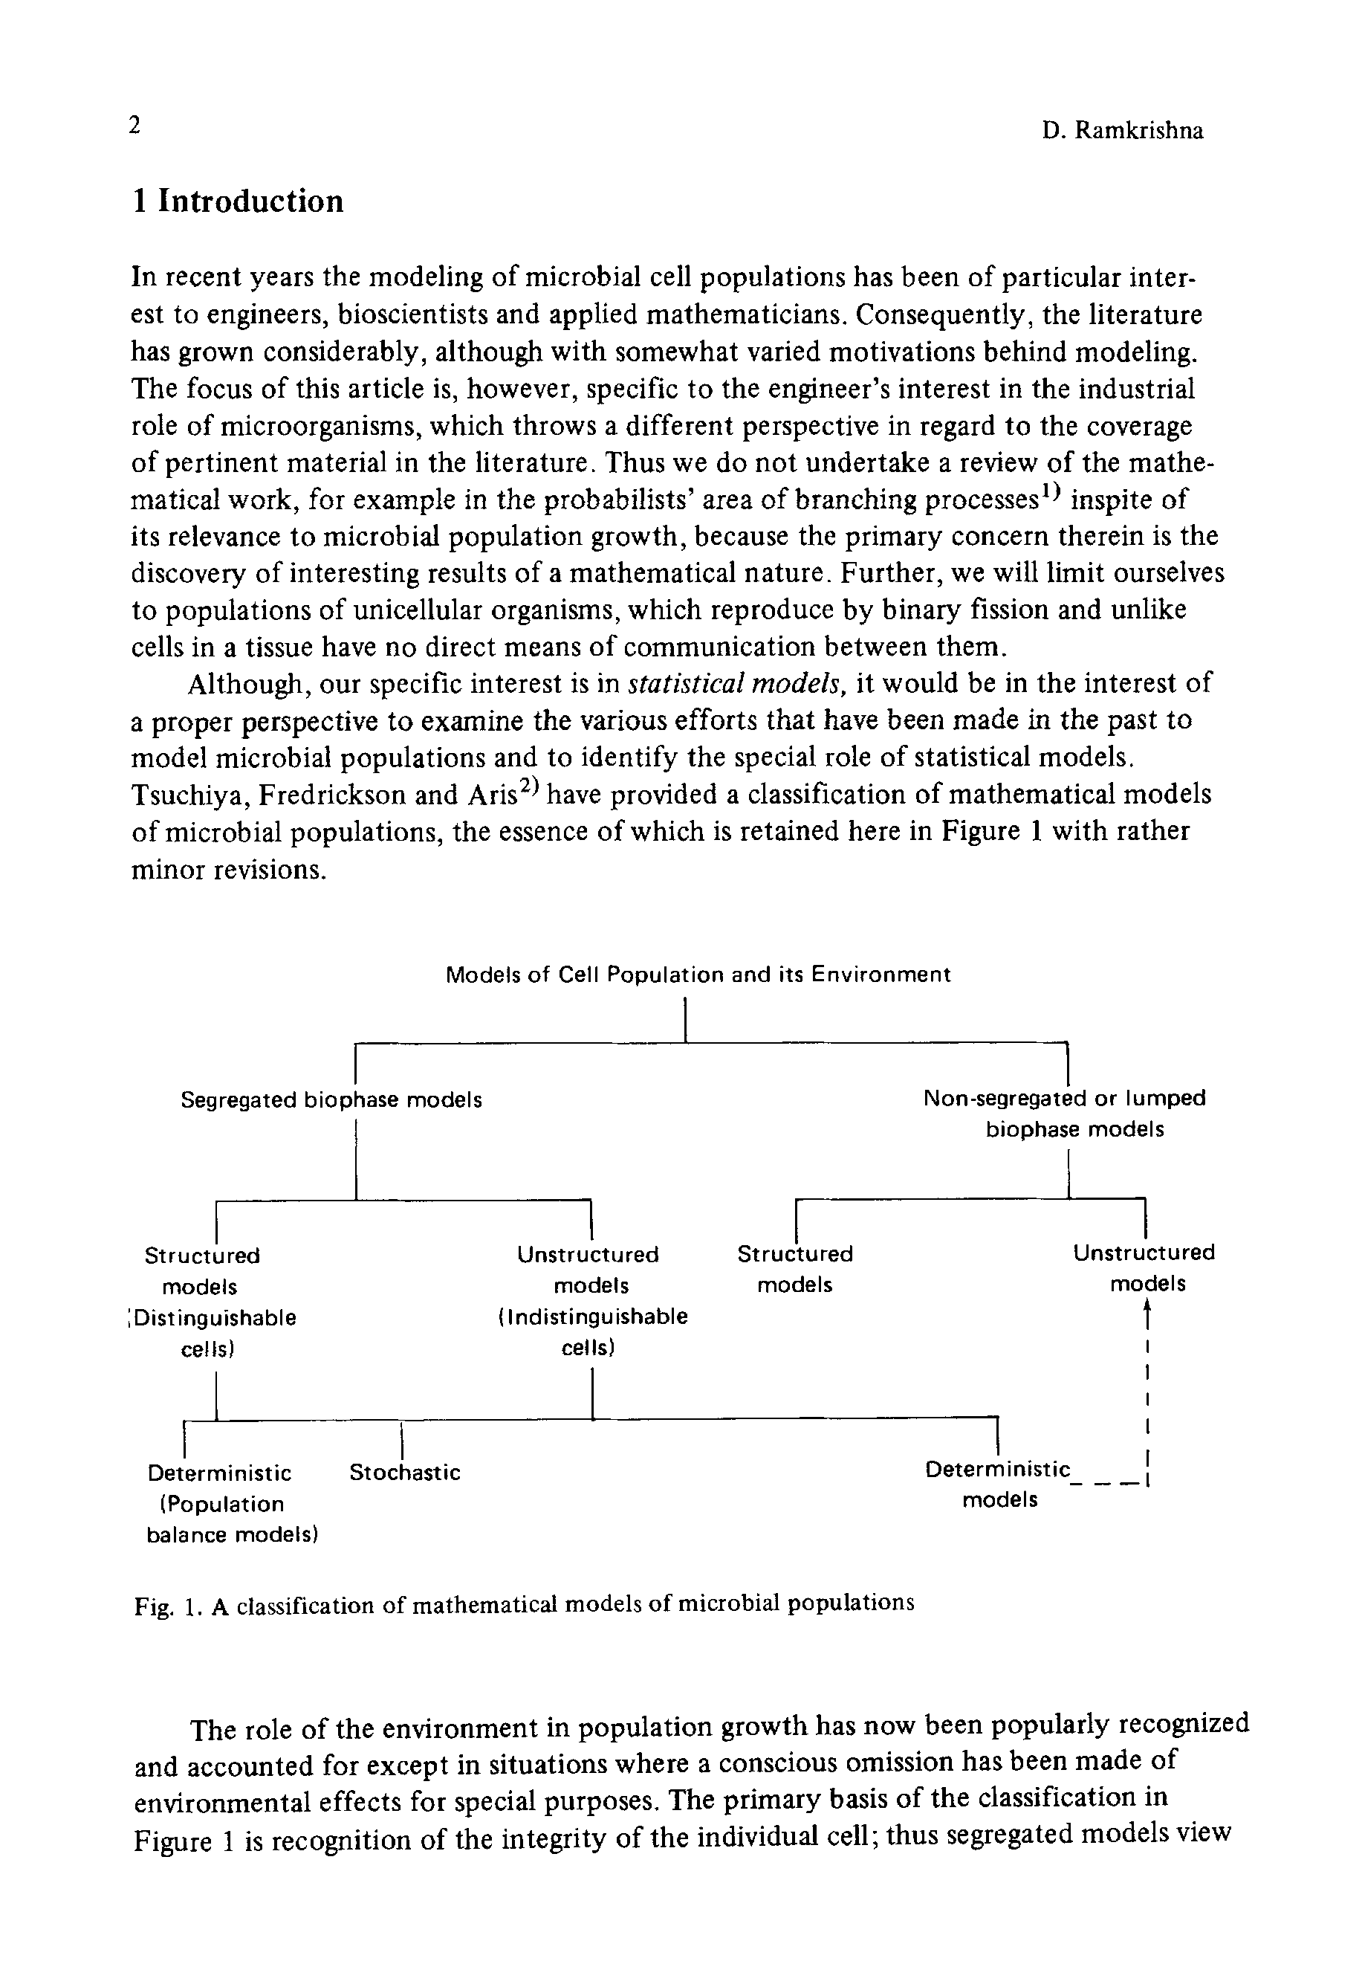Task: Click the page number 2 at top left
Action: tap(133, 126)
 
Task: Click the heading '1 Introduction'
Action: tap(237, 201)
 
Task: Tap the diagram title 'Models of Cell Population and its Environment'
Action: tap(697, 975)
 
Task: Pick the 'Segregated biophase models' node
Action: tap(331, 1100)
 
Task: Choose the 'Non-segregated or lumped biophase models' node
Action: tap(1065, 1113)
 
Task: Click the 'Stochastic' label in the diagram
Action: tap(404, 1473)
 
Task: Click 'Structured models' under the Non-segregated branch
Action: tap(794, 1269)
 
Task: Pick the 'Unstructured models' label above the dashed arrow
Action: tap(1144, 1267)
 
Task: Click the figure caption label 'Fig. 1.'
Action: tap(167, 1608)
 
